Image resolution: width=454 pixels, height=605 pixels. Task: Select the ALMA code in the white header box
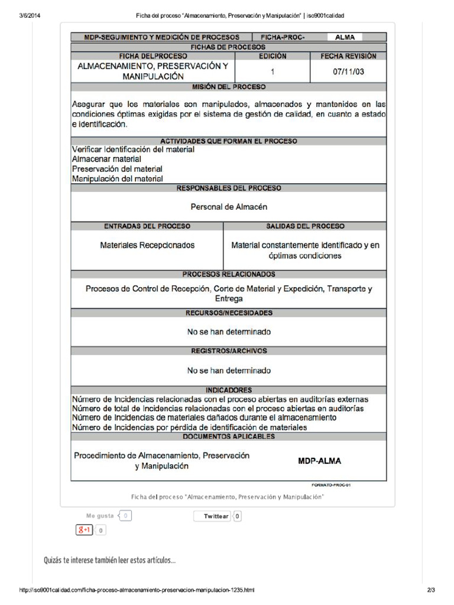click(x=345, y=37)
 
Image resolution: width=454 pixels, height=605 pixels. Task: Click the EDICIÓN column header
click(x=273, y=56)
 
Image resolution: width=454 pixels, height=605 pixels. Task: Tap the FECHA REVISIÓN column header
click(x=348, y=56)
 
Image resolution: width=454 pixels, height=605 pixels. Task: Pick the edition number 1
click(x=273, y=71)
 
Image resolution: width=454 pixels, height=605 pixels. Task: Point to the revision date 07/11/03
click(x=348, y=71)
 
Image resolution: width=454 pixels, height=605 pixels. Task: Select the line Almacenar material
click(x=106, y=159)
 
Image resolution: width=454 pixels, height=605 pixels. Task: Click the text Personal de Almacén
click(x=229, y=207)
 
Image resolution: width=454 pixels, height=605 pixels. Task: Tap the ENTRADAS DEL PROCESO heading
click(x=147, y=226)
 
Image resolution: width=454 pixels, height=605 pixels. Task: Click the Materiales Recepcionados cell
click(x=147, y=245)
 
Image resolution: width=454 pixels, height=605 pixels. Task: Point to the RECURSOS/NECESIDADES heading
click(x=228, y=313)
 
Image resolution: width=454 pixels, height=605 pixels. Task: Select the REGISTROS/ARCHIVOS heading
click(x=228, y=351)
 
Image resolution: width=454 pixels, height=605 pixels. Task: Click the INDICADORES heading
click(x=228, y=390)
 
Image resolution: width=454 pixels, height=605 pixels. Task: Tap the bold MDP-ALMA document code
click(x=319, y=461)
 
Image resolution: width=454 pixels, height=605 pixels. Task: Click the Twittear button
click(x=216, y=516)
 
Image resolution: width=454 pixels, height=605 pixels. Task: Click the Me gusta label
click(x=99, y=516)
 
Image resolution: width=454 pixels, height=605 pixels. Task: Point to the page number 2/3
click(x=430, y=590)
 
